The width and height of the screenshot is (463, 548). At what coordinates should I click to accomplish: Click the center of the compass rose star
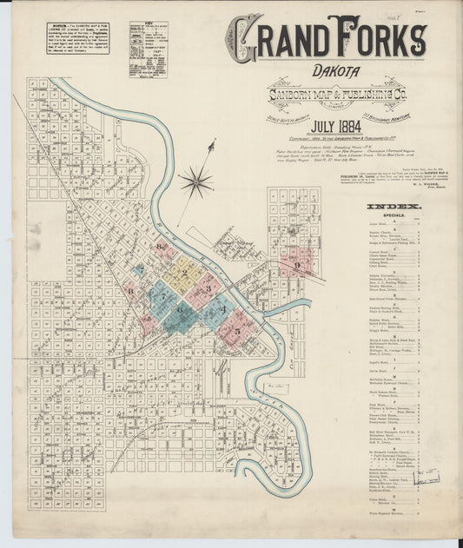196,182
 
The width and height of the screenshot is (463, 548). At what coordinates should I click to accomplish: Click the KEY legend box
148,50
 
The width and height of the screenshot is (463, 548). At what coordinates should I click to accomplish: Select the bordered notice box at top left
78,37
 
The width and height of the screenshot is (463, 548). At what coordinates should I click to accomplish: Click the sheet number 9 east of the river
298,265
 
